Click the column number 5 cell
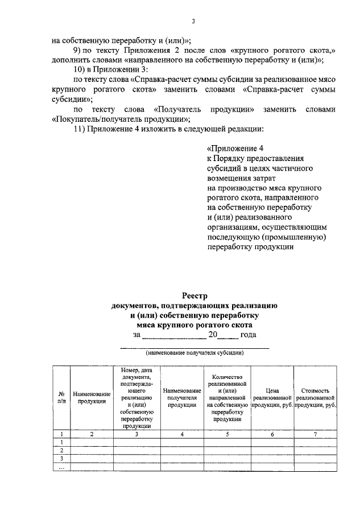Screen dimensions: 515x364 point(227,434)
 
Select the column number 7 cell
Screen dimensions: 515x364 point(317,434)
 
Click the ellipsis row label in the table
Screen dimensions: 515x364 point(61,467)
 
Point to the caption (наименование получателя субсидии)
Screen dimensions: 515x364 point(195,353)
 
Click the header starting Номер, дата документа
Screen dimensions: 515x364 point(136,397)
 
